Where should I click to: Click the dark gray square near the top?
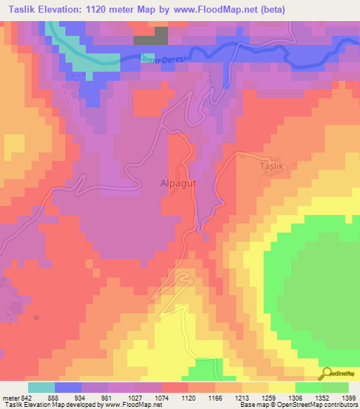click(x=161, y=36)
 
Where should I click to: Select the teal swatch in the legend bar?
click(x=41, y=387)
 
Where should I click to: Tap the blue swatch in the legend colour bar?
click(x=67, y=387)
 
